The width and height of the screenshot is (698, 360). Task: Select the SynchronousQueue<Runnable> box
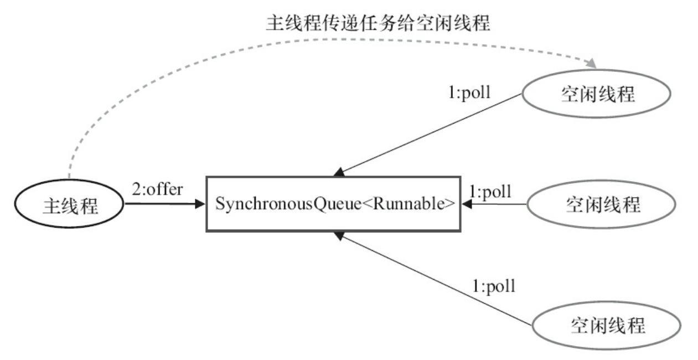pyautogui.click(x=333, y=204)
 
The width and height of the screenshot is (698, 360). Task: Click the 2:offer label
pyautogui.click(x=157, y=189)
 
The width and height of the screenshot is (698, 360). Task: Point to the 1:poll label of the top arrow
pyautogui.click(x=469, y=92)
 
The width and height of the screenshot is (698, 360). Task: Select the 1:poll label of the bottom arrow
pyautogui.click(x=494, y=286)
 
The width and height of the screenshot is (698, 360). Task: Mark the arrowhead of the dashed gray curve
pyautogui.click(x=591, y=64)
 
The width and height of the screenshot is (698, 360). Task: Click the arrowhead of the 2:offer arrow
pyautogui.click(x=200, y=204)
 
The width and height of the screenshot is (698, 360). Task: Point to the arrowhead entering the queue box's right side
pyautogui.click(x=466, y=204)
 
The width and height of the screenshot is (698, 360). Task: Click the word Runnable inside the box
pyautogui.click(x=407, y=204)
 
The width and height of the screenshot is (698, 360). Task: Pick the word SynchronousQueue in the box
pyautogui.click(x=288, y=204)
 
